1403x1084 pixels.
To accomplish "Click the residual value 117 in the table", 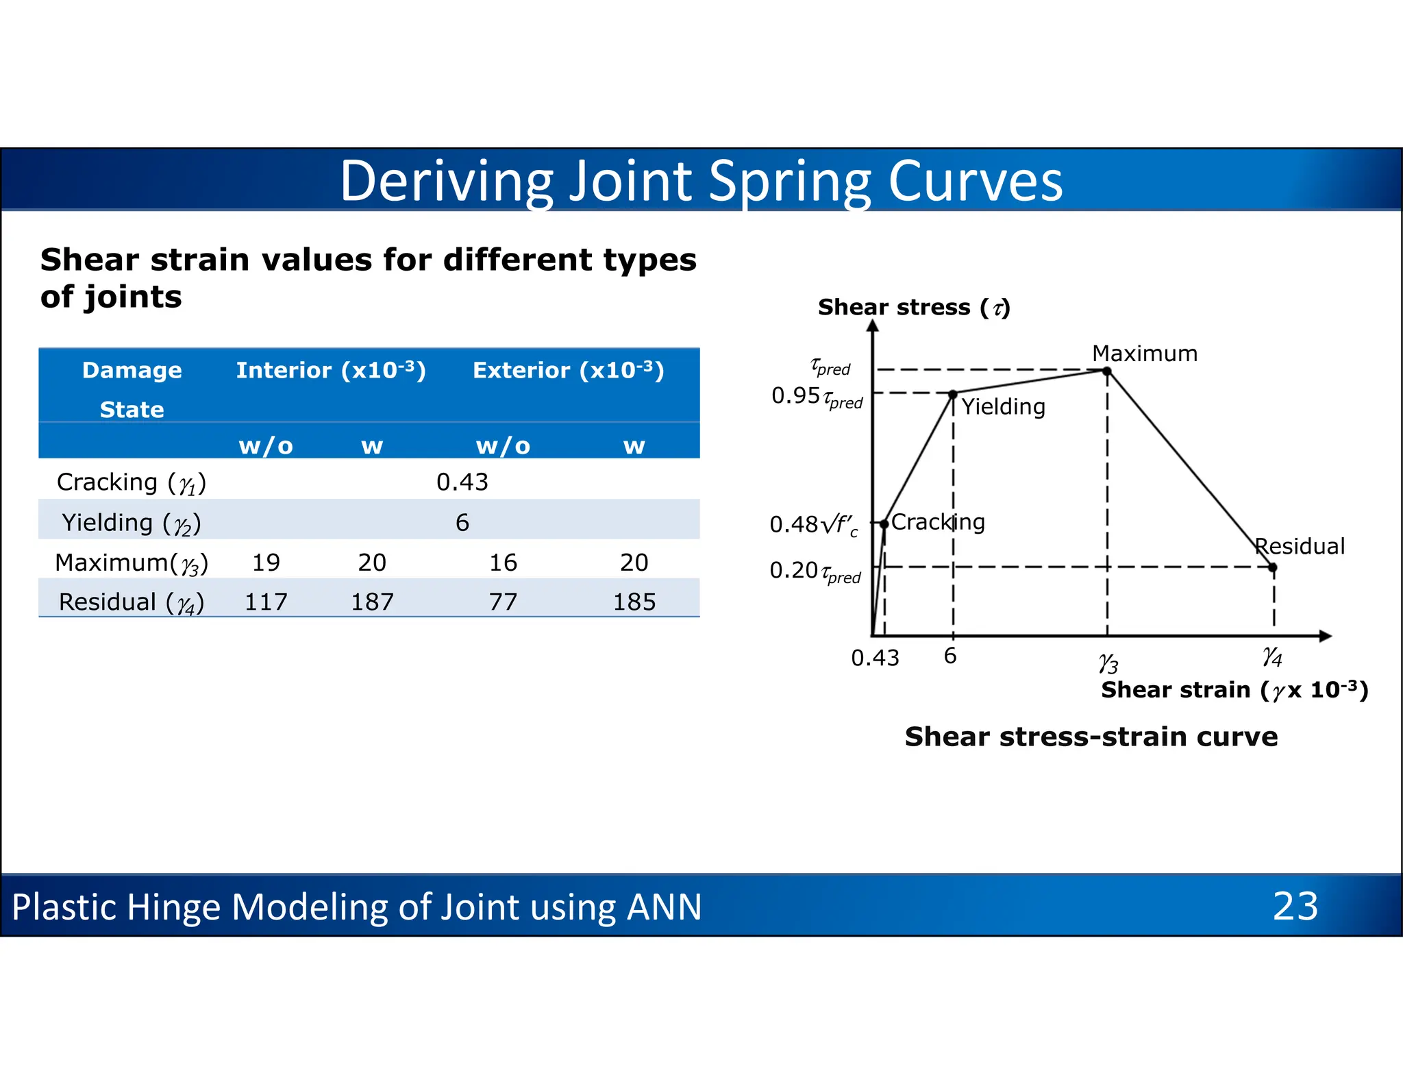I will pyautogui.click(x=266, y=602).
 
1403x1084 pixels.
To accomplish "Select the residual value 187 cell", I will pyautogui.click(x=372, y=602).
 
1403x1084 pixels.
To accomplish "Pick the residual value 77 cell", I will pyautogui.click(x=503, y=602).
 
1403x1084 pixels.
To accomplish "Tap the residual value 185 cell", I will pyautogui.click(x=634, y=602).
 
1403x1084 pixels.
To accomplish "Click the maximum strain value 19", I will pyautogui.click(x=266, y=563).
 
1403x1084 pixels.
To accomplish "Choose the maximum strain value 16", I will pyautogui.click(x=503, y=563).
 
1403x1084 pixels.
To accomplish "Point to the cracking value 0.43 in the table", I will pyautogui.click(x=462, y=482).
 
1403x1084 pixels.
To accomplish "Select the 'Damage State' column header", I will pyautogui.click(x=132, y=389).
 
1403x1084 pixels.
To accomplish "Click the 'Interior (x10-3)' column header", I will pyautogui.click(x=331, y=370).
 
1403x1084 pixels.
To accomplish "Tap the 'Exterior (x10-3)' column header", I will pyautogui.click(x=569, y=370).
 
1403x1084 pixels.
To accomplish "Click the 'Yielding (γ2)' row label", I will pyautogui.click(x=131, y=523).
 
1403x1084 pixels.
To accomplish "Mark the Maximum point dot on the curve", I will pyautogui.click(x=1106, y=371).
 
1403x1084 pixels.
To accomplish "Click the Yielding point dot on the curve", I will pyautogui.click(x=953, y=395).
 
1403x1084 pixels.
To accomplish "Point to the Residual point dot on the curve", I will pyautogui.click(x=1273, y=567).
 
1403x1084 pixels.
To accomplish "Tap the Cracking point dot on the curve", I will pyautogui.click(x=884, y=523).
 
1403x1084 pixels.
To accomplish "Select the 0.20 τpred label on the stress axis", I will pyautogui.click(x=815, y=571).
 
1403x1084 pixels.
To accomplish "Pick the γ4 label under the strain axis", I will pyautogui.click(x=1272, y=656).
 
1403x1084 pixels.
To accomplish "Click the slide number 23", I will pyautogui.click(x=1295, y=906).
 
